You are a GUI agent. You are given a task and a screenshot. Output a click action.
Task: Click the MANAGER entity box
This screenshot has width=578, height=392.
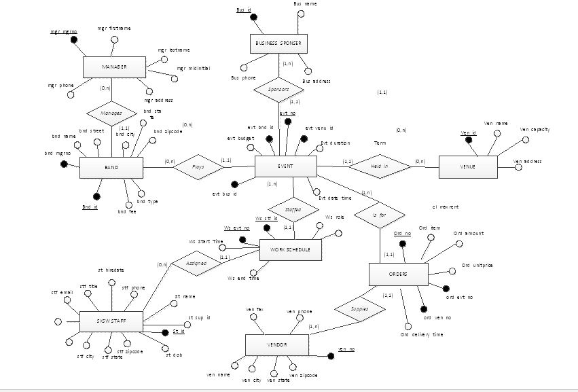tap(115, 67)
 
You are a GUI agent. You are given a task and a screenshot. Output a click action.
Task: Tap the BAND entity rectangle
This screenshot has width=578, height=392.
tap(111, 167)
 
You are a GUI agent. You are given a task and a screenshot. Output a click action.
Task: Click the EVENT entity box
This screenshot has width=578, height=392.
tap(285, 166)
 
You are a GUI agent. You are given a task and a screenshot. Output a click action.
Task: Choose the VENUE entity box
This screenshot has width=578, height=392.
tap(467, 166)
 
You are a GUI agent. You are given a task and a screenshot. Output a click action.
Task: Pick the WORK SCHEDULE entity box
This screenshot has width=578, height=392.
tap(291, 249)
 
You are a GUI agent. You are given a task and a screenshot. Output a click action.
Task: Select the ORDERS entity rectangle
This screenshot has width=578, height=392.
tap(398, 274)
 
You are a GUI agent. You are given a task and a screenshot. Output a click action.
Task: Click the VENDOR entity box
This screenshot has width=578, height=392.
tap(275, 345)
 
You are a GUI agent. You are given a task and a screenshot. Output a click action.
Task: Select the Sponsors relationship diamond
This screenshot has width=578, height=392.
tap(280, 89)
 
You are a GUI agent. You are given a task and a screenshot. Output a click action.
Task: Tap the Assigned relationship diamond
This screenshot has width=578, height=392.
tap(192, 263)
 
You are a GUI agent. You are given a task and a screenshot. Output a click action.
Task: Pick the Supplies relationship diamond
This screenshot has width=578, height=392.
tap(359, 307)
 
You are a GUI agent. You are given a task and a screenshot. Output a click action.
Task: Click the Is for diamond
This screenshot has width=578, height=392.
tap(378, 215)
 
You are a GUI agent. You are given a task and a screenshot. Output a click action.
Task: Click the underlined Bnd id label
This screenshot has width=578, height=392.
tap(90, 207)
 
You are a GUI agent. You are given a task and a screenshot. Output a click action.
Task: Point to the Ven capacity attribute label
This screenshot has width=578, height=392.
tap(534, 129)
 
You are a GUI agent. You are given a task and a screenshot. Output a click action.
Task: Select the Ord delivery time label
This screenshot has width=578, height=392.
tap(421, 334)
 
